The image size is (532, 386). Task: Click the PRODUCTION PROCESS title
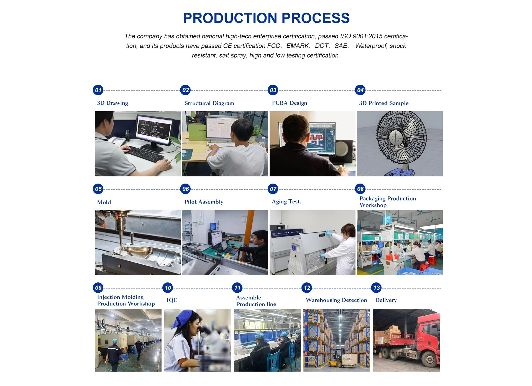click(266, 18)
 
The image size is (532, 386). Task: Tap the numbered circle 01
click(98, 90)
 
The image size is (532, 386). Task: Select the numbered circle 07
click(273, 189)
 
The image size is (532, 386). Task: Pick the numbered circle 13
click(376, 288)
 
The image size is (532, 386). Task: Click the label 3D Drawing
click(112, 103)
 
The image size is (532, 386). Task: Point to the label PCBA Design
click(289, 103)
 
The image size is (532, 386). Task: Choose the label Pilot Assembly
click(204, 202)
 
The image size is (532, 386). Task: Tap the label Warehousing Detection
click(336, 300)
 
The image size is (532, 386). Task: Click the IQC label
click(172, 300)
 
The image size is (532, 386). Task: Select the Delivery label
click(386, 300)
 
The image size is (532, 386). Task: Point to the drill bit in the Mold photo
click(121, 238)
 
